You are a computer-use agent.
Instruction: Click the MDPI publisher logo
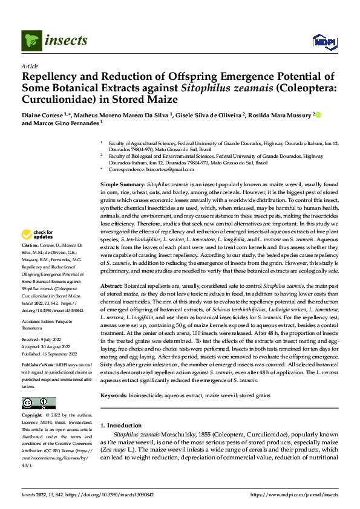323,41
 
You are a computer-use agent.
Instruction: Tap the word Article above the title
30,66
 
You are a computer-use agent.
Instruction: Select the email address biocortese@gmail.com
171,170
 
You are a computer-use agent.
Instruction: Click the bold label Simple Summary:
123,183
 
